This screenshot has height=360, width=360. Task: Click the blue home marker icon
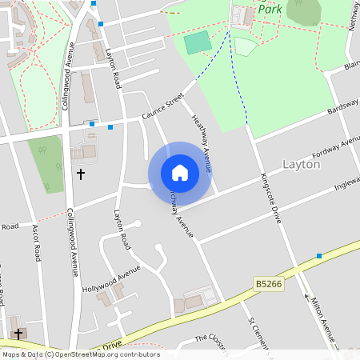pos(180,173)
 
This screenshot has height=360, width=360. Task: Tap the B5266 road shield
pos(270,284)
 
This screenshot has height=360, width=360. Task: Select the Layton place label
pos(302,164)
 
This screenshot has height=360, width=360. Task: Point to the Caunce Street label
pos(162,106)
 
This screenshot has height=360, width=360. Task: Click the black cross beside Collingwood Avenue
pos(80,174)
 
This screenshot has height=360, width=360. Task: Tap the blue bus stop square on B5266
pos(319,256)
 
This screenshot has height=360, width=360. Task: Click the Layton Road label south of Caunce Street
pos(121,230)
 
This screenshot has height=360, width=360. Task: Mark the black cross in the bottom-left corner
pos(18,333)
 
